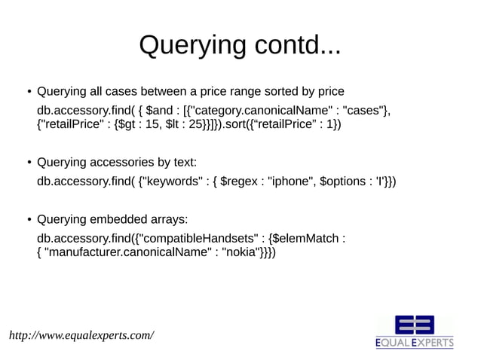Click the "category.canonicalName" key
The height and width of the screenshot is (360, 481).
253,112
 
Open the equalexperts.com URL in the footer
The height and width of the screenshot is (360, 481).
81,334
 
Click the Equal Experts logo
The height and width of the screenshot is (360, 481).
415,332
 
